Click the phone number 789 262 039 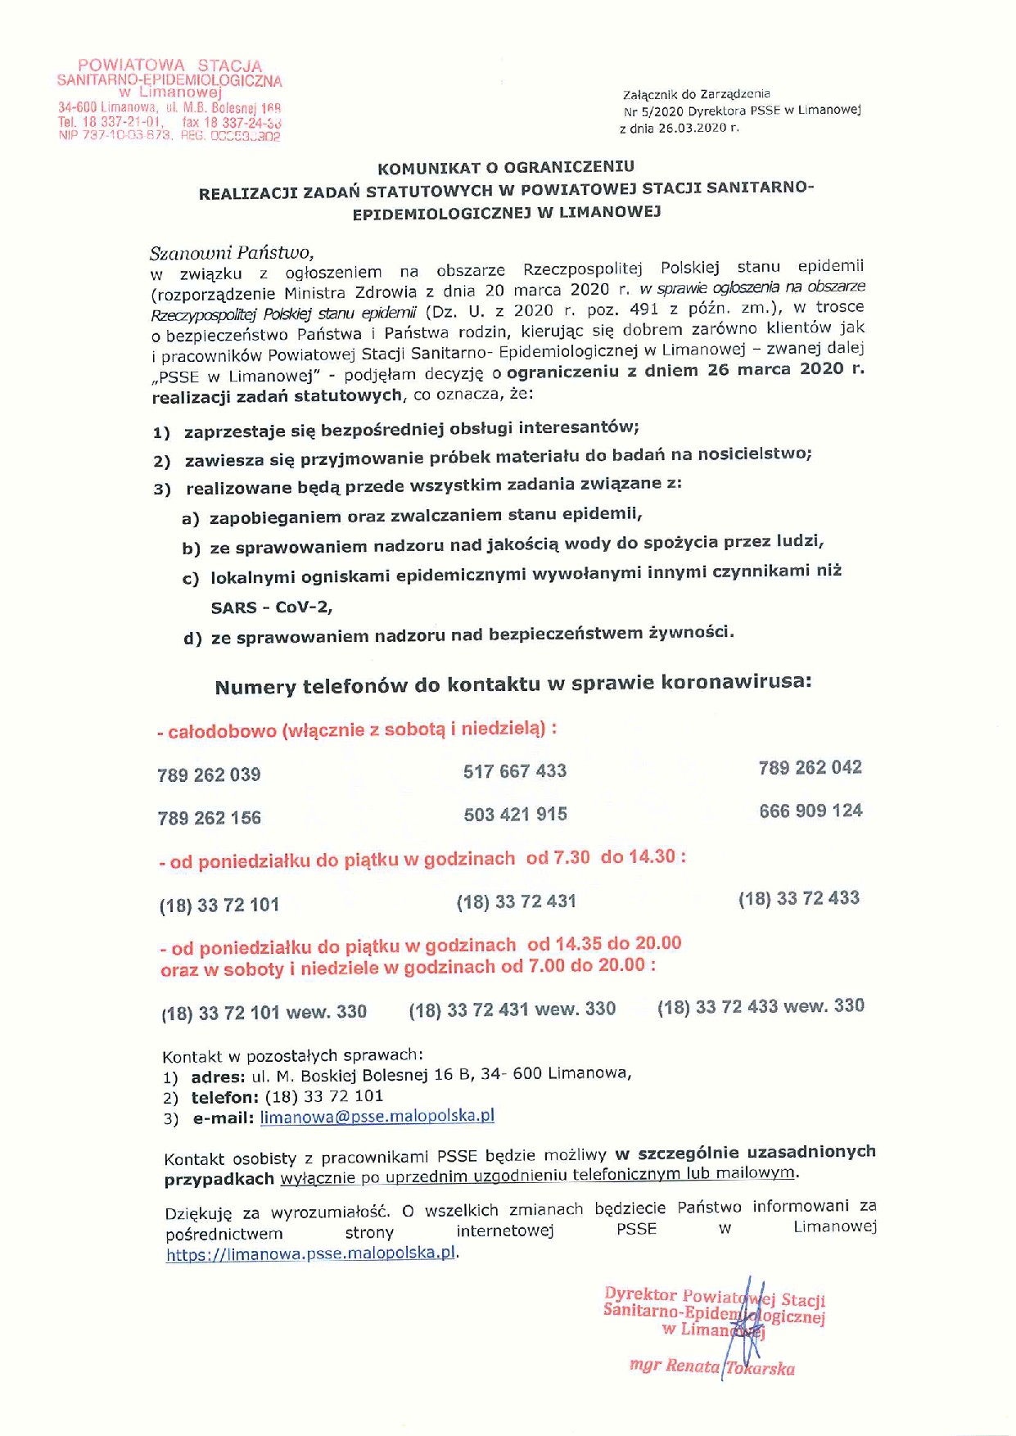click(x=209, y=774)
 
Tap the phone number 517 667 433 click(x=515, y=770)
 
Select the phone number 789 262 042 click(x=810, y=767)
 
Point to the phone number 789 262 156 click(x=209, y=817)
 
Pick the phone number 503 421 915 click(x=515, y=814)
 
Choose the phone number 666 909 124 click(x=811, y=811)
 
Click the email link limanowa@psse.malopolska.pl click(x=377, y=1116)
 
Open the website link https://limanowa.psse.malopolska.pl click(x=310, y=1253)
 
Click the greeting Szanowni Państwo click(x=232, y=252)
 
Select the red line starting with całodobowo click(x=358, y=729)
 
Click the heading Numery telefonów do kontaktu click(x=513, y=684)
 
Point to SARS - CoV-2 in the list click(x=271, y=607)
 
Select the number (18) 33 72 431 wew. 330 click(x=512, y=1009)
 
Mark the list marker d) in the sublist click(x=192, y=638)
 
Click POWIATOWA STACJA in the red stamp click(x=169, y=65)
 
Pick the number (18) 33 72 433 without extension click(x=798, y=898)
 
